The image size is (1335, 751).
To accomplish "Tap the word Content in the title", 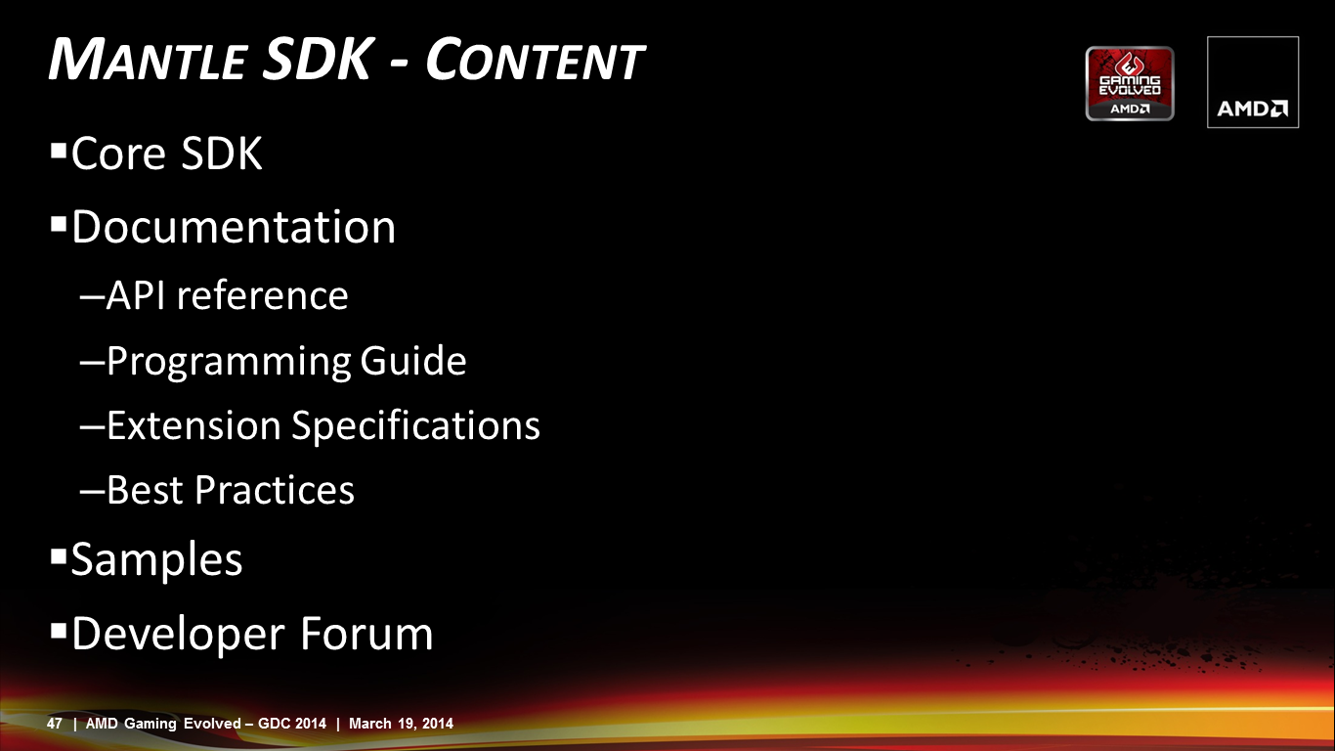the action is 535,59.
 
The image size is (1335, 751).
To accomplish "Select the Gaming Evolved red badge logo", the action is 1130,83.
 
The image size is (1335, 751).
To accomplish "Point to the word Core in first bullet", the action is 118,154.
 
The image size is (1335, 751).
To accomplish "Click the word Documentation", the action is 234,227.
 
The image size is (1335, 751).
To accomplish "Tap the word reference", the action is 262,296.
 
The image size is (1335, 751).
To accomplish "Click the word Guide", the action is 413,360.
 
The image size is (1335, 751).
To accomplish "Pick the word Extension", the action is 194,426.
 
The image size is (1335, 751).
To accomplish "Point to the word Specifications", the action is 415,427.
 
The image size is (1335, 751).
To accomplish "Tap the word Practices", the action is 275,490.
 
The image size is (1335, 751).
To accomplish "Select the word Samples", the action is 156,560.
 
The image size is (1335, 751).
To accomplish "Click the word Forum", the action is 366,634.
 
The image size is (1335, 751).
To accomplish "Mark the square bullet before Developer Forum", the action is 59,631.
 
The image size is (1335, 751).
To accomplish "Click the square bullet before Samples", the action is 59,557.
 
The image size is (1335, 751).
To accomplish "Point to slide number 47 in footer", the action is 54,724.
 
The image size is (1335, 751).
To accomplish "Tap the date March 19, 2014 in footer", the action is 401,724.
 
